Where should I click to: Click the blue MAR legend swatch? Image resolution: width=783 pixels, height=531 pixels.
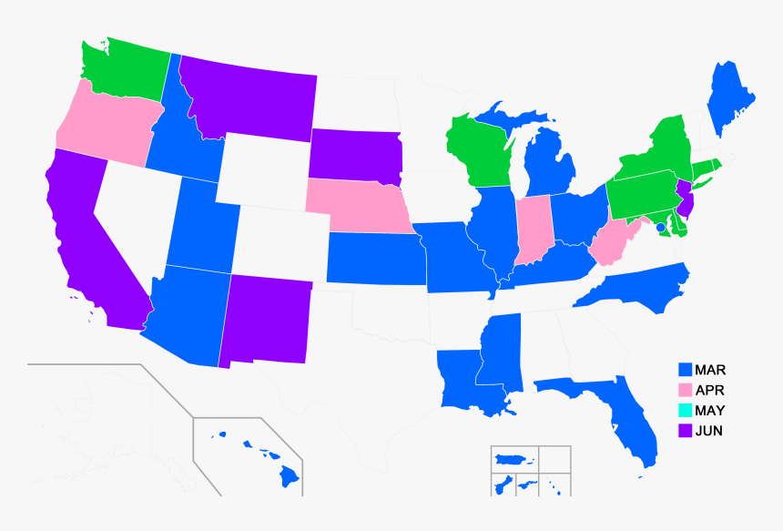[x=686, y=370]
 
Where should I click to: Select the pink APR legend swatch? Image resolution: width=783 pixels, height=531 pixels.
[x=686, y=391]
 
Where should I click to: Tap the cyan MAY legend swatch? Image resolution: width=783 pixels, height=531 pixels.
[x=686, y=411]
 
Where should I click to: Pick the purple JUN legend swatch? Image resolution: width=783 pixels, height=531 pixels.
[x=686, y=431]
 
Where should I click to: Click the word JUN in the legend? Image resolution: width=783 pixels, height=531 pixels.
[x=708, y=431]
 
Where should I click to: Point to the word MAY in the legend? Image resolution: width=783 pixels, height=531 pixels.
[x=710, y=411]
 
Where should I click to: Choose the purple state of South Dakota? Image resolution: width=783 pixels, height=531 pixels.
[x=355, y=155]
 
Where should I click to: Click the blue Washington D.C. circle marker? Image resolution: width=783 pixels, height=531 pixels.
[x=660, y=215]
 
